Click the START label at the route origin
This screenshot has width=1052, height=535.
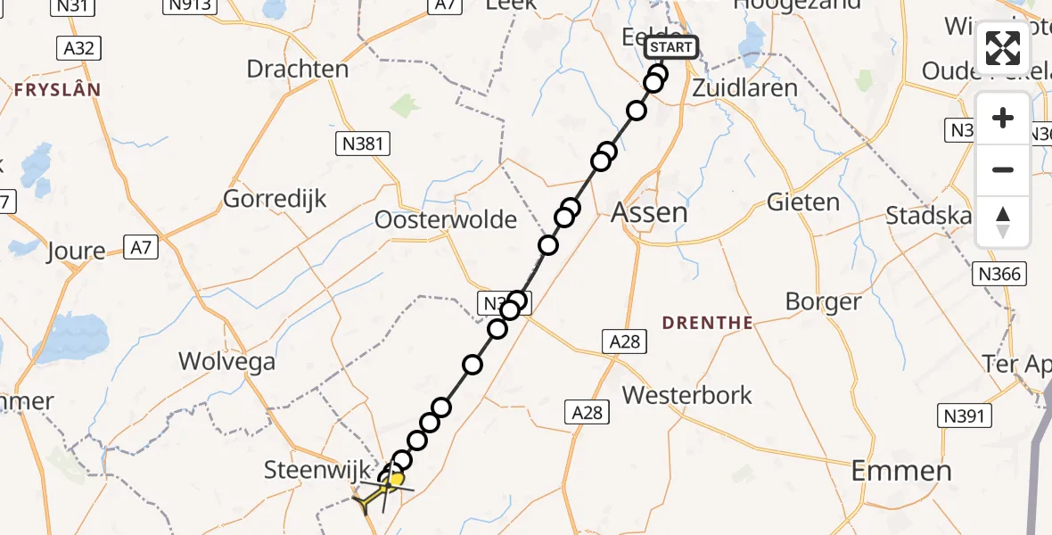pyautogui.click(x=670, y=47)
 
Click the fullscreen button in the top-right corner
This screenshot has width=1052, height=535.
pyautogui.click(x=1003, y=48)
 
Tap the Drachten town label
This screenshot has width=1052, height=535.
pyautogui.click(x=297, y=70)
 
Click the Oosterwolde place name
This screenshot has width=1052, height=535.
pyautogui.click(x=446, y=219)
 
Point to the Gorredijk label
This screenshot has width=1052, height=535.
pyautogui.click(x=275, y=198)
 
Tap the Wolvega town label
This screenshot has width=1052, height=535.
pyautogui.click(x=226, y=361)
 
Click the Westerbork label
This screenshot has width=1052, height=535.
pyautogui.click(x=687, y=395)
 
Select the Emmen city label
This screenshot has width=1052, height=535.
pyautogui.click(x=901, y=471)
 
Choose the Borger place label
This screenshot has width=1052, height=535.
pyautogui.click(x=823, y=301)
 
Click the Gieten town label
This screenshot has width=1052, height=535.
pyautogui.click(x=803, y=202)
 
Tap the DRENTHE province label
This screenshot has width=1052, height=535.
pyautogui.click(x=709, y=323)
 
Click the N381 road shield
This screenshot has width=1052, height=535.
pyautogui.click(x=364, y=144)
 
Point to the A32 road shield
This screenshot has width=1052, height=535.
pyautogui.click(x=79, y=48)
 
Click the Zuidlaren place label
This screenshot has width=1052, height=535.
pyautogui.click(x=744, y=88)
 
